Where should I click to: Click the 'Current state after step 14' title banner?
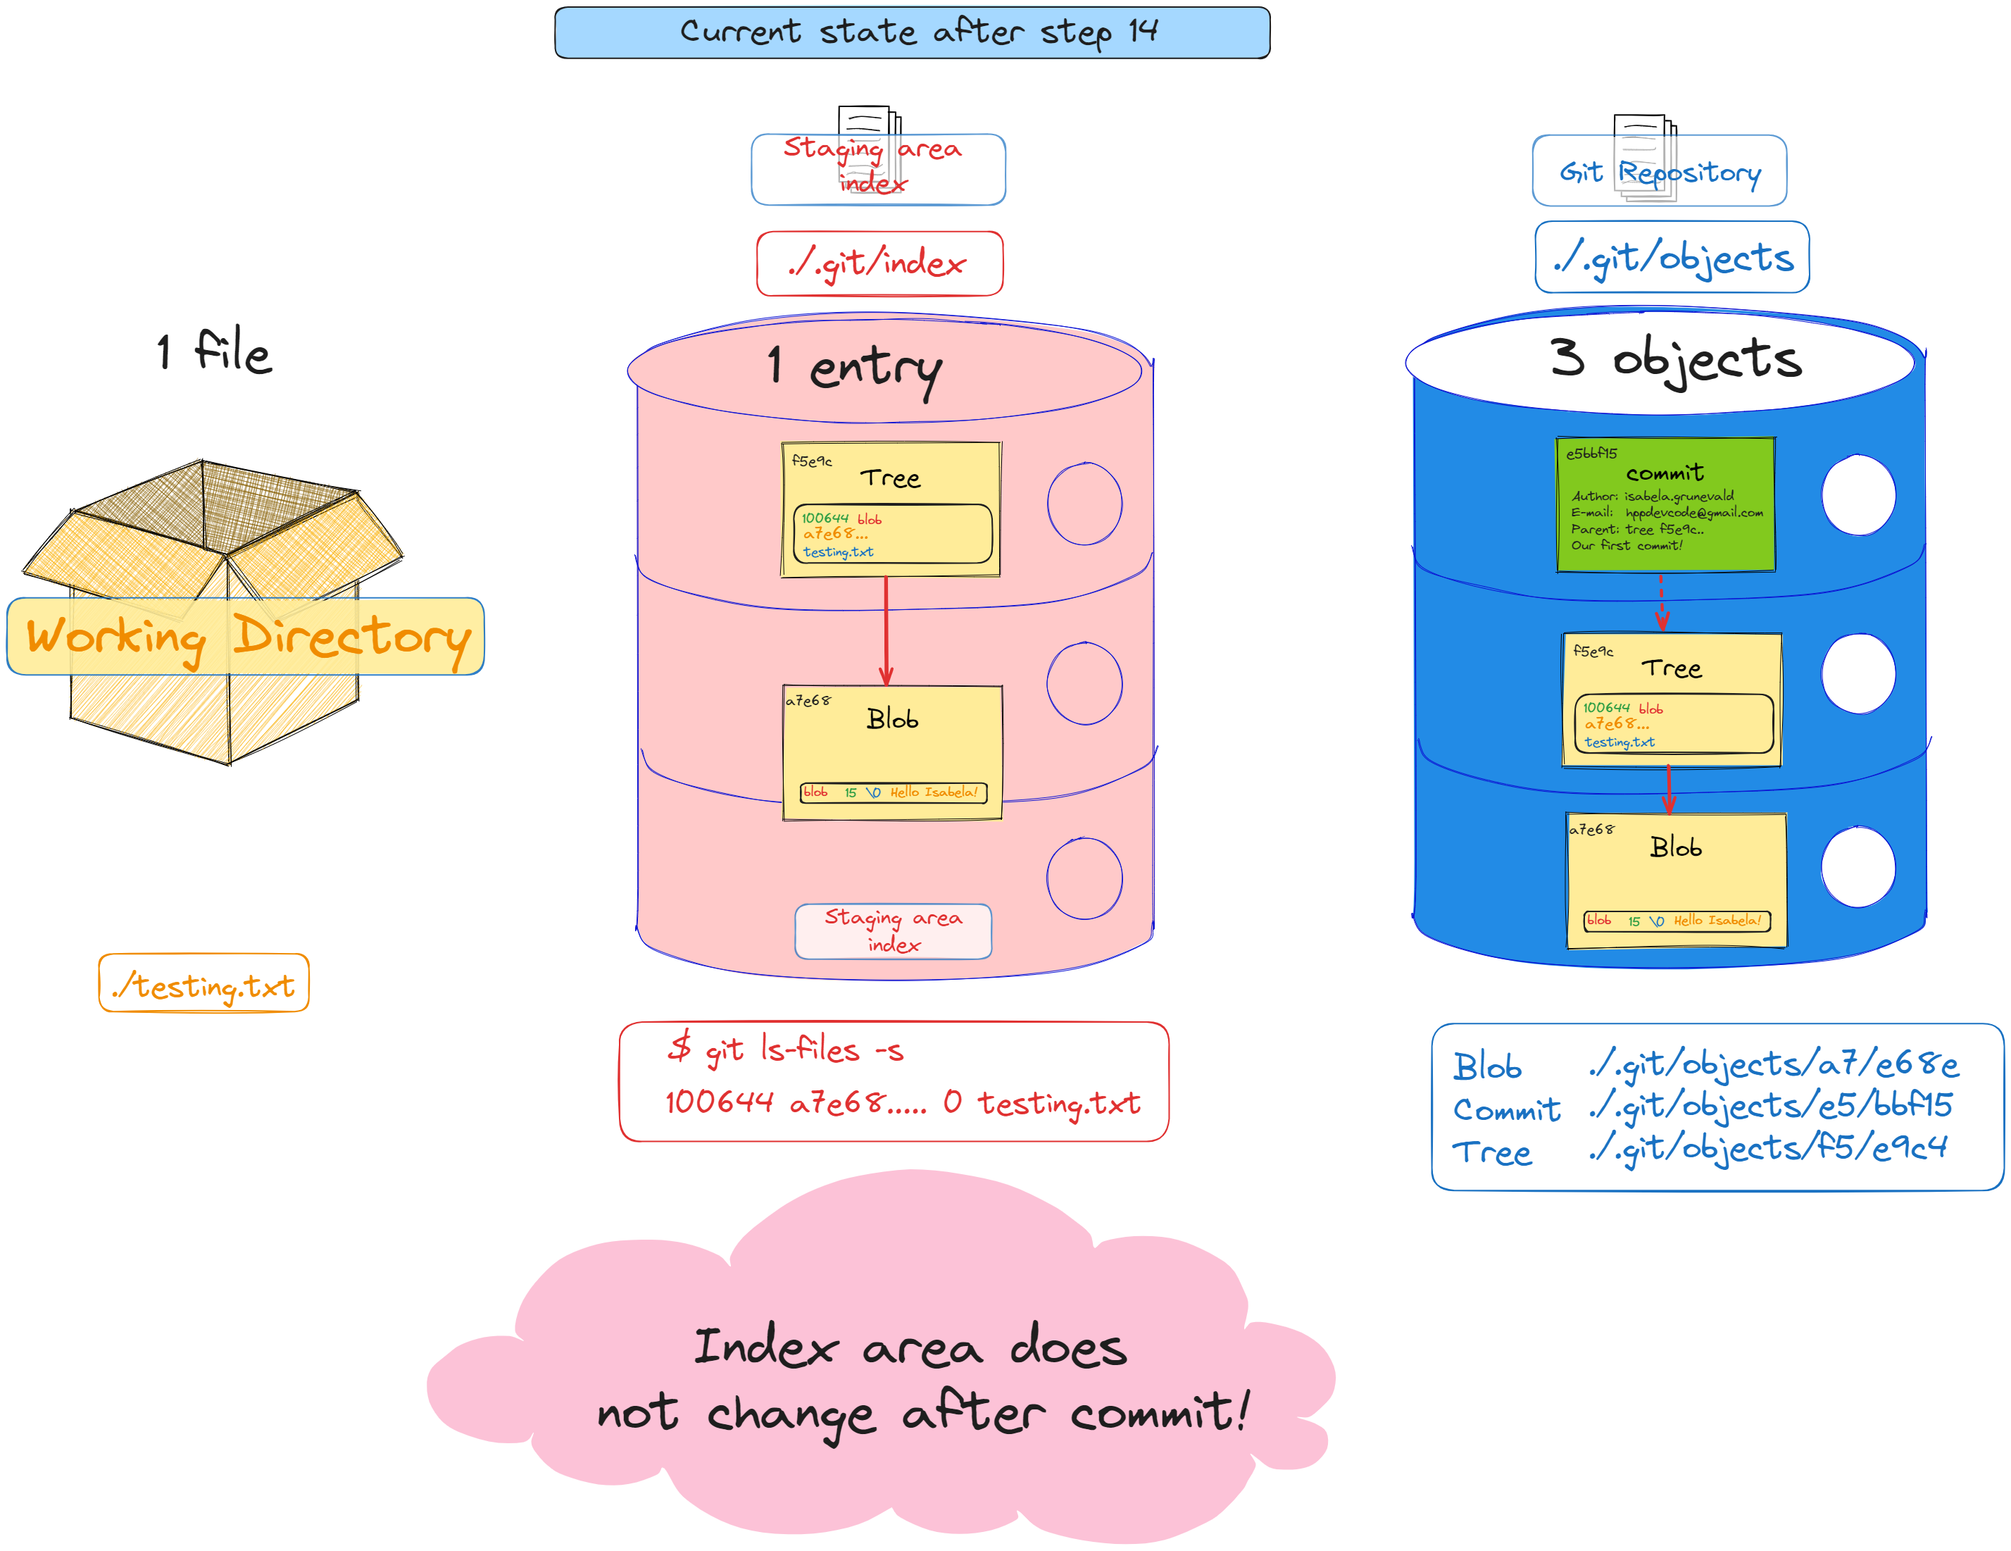[x=912, y=32]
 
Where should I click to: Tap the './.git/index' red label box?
[x=879, y=263]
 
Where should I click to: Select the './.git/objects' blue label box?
[x=1671, y=257]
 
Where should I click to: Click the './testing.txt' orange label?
[x=203, y=984]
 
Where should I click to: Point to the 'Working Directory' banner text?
[x=246, y=637]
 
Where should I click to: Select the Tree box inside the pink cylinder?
[x=891, y=509]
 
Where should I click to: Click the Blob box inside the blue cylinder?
[x=1676, y=880]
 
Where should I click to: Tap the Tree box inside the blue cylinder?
[x=1671, y=699]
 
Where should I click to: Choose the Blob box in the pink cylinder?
[x=891, y=752]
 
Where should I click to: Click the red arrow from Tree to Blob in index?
[x=886, y=631]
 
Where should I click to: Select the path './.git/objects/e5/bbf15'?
[x=1769, y=1105]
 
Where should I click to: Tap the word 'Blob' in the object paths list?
[x=1487, y=1066]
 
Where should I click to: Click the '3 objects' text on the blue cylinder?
[x=1674, y=359]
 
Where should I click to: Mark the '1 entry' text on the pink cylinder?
[x=855, y=368]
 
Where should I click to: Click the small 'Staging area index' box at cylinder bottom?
[x=892, y=930]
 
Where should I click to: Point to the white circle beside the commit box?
[x=1857, y=494]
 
